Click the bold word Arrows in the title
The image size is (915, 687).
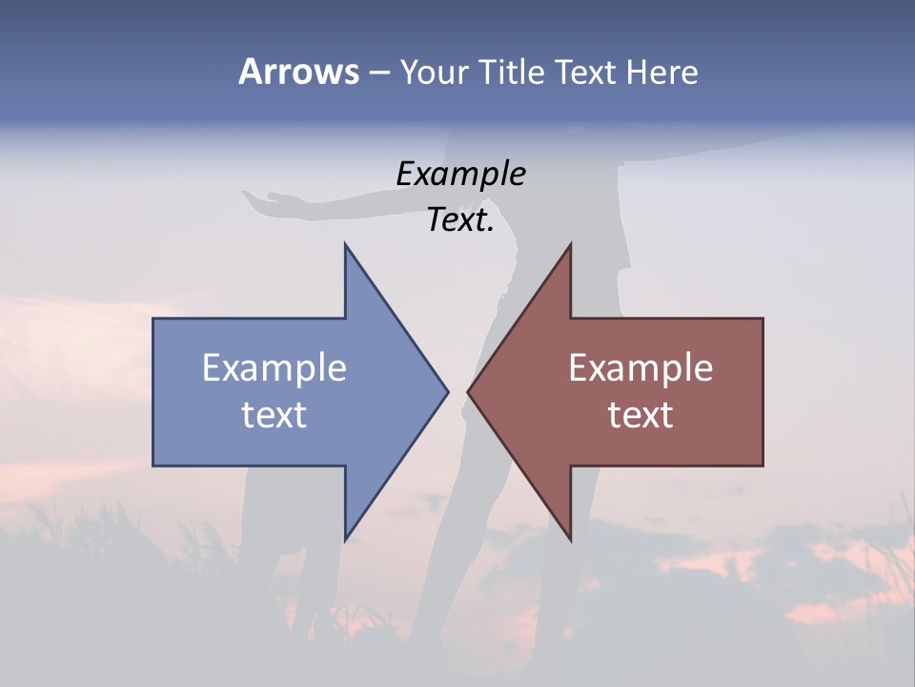pyautogui.click(x=298, y=72)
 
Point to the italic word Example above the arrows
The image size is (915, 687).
pyautogui.click(x=460, y=174)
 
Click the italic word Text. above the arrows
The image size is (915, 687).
pyautogui.click(x=460, y=220)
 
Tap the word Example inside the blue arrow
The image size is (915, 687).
pyautogui.click(x=274, y=367)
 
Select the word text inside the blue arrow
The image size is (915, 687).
pyautogui.click(x=274, y=414)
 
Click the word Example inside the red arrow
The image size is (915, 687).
pyautogui.click(x=640, y=367)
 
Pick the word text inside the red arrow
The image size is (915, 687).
pyautogui.click(x=640, y=414)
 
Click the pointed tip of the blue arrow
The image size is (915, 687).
pyautogui.click(x=447, y=391)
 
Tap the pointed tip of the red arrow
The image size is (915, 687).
pyautogui.click(x=468, y=391)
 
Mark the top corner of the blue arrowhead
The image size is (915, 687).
pyautogui.click(x=345, y=244)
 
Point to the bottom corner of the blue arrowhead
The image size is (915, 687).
pyautogui.click(x=345, y=540)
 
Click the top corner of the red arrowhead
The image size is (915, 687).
pyautogui.click(x=570, y=244)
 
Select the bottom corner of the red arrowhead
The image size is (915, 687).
pyautogui.click(x=570, y=540)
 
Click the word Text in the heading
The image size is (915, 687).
pyautogui.click(x=585, y=72)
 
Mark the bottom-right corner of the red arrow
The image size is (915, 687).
pyautogui.click(x=762, y=466)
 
